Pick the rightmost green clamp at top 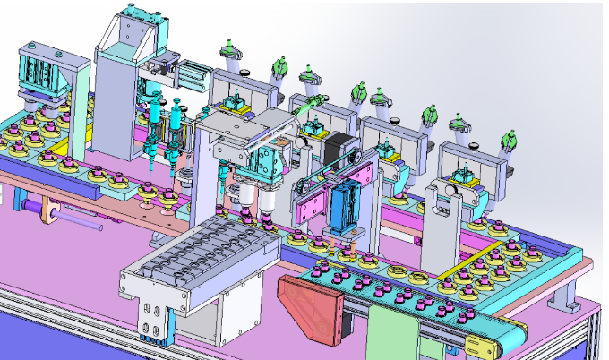(x=510, y=140)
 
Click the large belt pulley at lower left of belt (x=303, y=188)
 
